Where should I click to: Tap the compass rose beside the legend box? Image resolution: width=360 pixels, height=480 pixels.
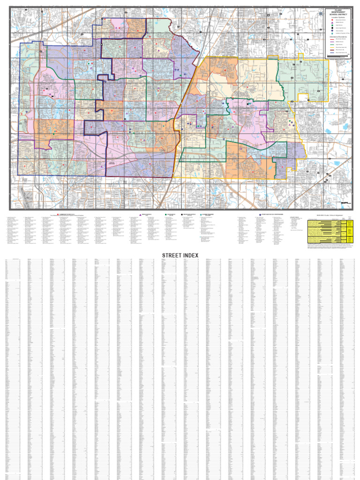pyautogui.click(x=321, y=14)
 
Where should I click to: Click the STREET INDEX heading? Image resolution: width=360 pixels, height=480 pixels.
pyautogui.click(x=180, y=255)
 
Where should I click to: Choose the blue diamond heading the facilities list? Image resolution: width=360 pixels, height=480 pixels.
pyautogui.click(x=261, y=214)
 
